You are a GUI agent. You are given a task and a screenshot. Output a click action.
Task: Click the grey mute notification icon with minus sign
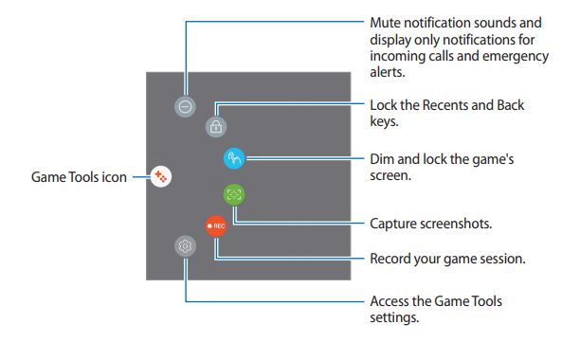[185, 107]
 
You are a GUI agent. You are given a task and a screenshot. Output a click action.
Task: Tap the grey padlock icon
[216, 127]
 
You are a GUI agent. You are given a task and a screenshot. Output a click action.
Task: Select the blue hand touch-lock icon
[234, 158]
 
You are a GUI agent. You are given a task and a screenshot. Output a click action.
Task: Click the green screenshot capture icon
[234, 194]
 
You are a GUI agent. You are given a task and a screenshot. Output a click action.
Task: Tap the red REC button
[216, 226]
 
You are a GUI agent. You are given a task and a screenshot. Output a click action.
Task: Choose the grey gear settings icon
[186, 246]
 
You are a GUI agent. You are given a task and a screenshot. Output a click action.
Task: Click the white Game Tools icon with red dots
[161, 176]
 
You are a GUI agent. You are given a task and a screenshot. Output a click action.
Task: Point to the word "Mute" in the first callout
[386, 23]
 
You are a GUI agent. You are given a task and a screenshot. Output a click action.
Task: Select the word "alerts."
[388, 72]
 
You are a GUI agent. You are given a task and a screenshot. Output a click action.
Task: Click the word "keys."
[384, 122]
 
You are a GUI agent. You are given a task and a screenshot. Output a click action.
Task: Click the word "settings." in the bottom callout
[394, 317]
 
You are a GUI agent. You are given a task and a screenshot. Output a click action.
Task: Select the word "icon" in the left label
[115, 177]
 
